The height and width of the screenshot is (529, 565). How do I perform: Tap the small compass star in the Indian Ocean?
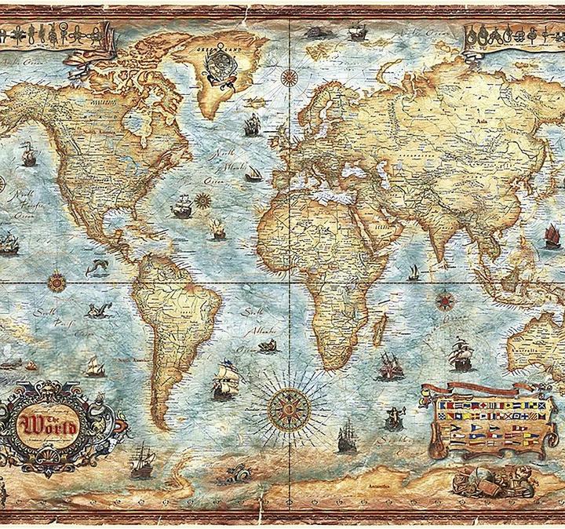pyautogui.click(x=445, y=299)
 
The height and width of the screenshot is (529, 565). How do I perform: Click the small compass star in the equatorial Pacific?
pyautogui.click(x=56, y=279)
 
